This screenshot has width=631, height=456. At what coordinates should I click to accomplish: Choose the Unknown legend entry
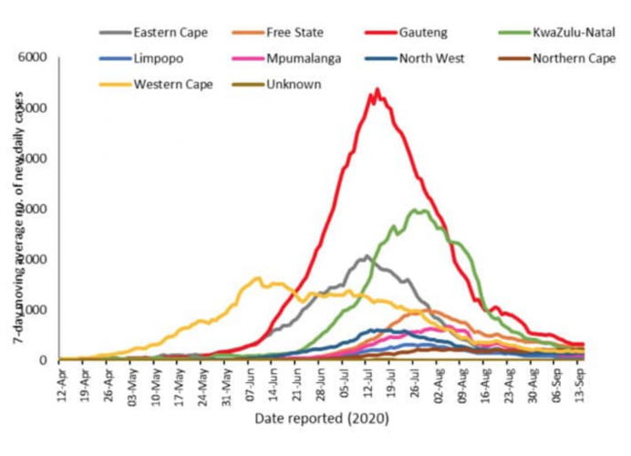click(x=291, y=85)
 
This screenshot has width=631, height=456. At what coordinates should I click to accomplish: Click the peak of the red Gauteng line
click(x=377, y=89)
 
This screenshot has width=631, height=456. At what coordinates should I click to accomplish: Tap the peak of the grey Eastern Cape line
click(x=367, y=256)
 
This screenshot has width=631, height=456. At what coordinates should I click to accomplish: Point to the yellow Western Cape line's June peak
click(x=258, y=278)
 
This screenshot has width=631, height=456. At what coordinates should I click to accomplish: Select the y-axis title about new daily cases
click(x=17, y=210)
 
